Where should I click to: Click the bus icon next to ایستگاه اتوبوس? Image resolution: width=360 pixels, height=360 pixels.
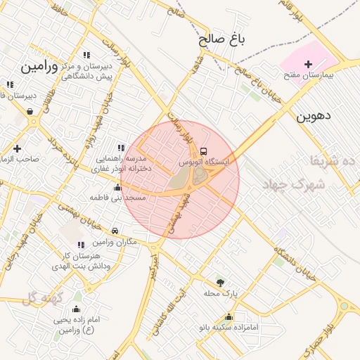pyautogui.click(x=204, y=151)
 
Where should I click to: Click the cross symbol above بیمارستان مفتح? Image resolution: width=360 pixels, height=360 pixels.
pyautogui.click(x=307, y=64)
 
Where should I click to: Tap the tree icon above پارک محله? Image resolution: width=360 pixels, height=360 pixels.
pyautogui.click(x=221, y=282)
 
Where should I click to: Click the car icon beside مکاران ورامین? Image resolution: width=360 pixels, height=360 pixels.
pyautogui.click(x=115, y=231)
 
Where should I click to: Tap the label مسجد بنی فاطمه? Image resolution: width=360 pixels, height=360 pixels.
pyautogui.click(x=117, y=198)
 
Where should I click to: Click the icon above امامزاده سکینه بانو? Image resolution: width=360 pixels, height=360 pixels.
pyautogui.click(x=229, y=316)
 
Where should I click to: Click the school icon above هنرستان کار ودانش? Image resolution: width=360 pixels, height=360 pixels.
pyautogui.click(x=81, y=245)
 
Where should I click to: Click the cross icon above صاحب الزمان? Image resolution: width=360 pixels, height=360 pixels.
pyautogui.click(x=17, y=148)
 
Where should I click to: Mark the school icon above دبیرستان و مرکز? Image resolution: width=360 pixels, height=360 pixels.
pyautogui.click(x=86, y=55)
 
